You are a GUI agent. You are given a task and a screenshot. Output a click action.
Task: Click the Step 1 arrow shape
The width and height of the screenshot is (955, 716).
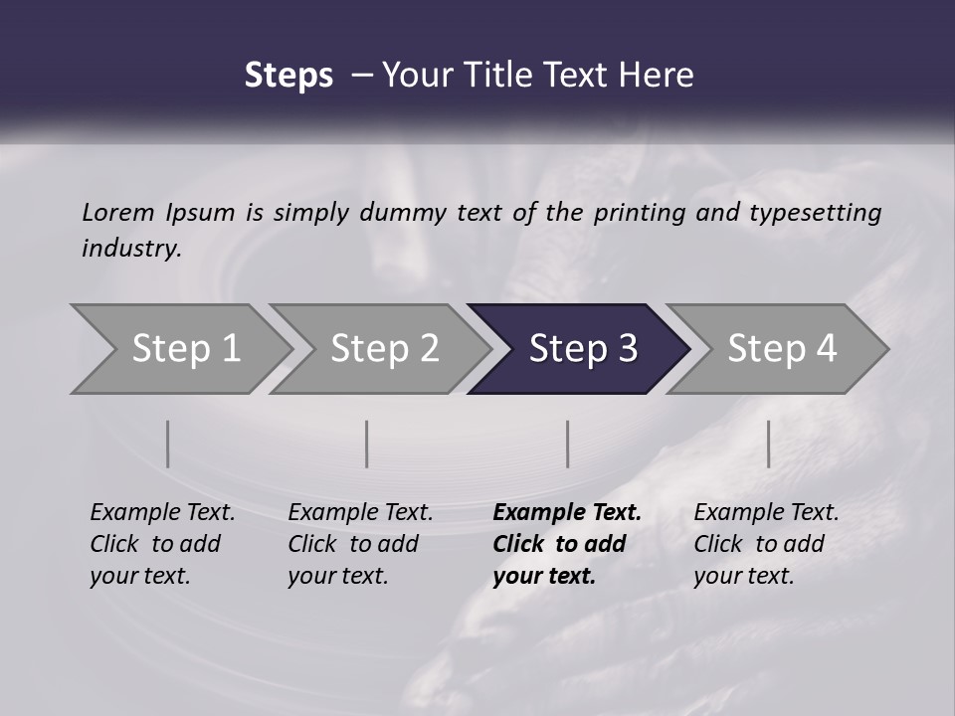[186, 349]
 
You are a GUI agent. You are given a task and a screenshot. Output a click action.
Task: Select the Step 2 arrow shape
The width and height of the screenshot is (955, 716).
[384, 349]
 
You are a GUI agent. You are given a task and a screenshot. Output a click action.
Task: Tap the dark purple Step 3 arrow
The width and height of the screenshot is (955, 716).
[583, 349]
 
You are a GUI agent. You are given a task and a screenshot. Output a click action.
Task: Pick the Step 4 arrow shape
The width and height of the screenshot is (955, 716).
[782, 349]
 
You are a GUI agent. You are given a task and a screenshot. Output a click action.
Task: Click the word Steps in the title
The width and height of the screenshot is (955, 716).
[288, 76]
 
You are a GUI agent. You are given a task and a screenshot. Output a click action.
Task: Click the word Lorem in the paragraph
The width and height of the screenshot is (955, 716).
[118, 212]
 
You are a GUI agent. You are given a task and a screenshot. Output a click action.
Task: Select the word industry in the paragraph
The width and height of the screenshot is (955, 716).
[130, 249]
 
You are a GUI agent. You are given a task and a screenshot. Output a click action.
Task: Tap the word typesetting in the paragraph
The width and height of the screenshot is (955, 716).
[815, 212]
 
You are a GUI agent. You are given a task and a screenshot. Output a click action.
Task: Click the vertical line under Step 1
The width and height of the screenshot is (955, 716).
[168, 444]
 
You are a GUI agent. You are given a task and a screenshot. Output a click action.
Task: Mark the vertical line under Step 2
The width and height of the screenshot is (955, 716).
[367, 444]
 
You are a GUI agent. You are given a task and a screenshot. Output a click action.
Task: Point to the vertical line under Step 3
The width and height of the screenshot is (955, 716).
[568, 444]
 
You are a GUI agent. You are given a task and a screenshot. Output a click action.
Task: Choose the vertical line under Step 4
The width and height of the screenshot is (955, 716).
[768, 444]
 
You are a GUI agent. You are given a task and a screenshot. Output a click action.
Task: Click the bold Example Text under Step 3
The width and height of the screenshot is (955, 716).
[567, 513]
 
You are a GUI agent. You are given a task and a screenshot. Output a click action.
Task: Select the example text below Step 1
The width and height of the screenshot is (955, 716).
[162, 544]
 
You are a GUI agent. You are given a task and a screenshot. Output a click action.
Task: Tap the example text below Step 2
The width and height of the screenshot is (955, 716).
[360, 544]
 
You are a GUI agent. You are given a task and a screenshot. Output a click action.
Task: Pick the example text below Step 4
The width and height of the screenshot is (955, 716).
[766, 544]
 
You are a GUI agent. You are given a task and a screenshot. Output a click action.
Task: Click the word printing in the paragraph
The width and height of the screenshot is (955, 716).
[640, 212]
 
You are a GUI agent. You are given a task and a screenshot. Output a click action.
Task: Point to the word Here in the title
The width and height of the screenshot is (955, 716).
[662, 76]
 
